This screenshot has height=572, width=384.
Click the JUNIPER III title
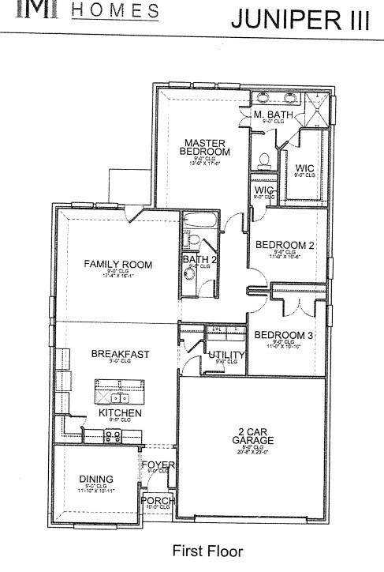click(299, 20)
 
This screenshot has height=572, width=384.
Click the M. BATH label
click(273, 115)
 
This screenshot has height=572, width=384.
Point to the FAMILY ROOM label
click(118, 264)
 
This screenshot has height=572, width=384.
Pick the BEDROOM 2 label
click(285, 246)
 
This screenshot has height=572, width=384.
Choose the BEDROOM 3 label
click(285, 335)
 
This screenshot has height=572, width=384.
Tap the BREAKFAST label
click(120, 354)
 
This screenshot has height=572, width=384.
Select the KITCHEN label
click(120, 413)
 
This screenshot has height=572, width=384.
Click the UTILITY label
click(226, 355)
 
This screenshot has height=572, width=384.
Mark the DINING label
click(96, 479)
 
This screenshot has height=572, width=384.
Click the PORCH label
click(157, 501)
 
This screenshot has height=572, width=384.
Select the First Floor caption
click(207, 551)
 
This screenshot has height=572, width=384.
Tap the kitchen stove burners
click(112, 435)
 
